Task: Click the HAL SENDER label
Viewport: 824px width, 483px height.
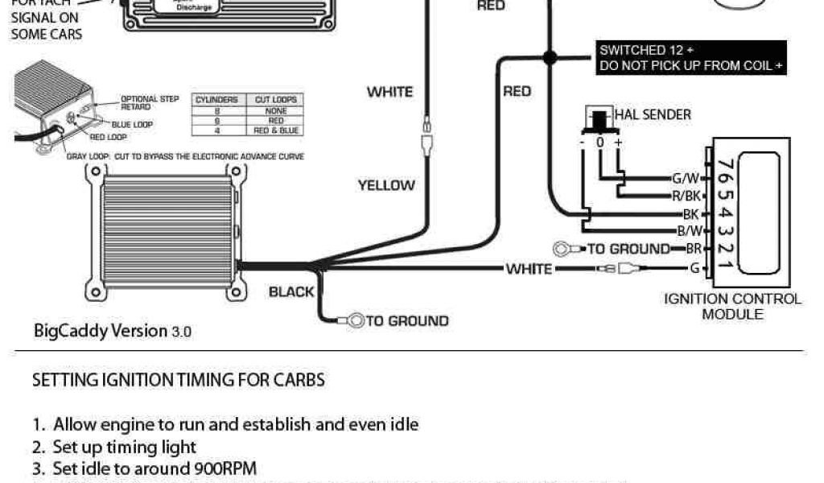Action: click(653, 114)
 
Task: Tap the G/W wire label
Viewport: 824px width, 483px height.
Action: click(686, 178)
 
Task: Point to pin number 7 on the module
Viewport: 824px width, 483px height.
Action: click(726, 165)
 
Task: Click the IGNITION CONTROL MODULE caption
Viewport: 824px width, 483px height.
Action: click(732, 307)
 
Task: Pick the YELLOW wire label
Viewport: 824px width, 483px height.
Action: click(386, 186)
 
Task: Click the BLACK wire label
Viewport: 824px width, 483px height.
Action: click(291, 291)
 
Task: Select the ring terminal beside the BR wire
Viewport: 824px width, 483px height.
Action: click(562, 249)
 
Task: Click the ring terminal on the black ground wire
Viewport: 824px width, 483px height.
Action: click(356, 320)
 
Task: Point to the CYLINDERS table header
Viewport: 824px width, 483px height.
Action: click(216, 100)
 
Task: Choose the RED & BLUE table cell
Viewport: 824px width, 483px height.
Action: click(276, 130)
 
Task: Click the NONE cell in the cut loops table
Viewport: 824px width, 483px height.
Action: click(276, 110)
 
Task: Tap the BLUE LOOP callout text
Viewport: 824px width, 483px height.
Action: click(132, 125)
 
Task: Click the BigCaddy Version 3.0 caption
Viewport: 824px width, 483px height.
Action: click(113, 331)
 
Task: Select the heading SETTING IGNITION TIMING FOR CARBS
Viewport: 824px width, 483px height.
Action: click(178, 380)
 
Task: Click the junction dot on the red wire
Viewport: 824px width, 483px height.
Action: click(550, 57)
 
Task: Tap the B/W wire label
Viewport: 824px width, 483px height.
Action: click(689, 232)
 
